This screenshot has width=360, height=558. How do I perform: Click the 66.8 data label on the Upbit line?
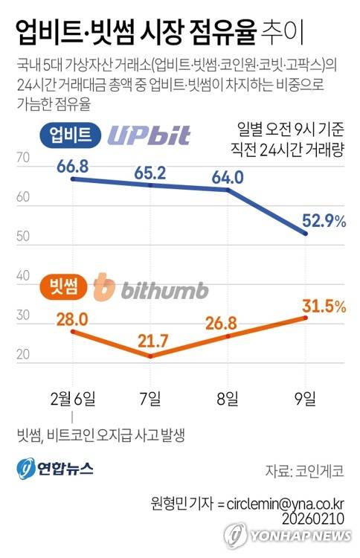(73, 166)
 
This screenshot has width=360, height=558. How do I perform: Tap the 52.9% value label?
(324, 221)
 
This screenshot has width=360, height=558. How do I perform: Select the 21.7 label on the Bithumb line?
(152, 341)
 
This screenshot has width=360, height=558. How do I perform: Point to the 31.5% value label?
(324, 306)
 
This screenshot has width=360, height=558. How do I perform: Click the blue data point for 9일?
(305, 234)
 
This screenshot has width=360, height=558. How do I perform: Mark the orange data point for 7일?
(150, 356)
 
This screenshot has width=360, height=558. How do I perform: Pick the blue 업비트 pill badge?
(71, 135)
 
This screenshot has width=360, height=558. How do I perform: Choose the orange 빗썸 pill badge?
(64, 286)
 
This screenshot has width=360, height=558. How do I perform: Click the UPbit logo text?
(149, 135)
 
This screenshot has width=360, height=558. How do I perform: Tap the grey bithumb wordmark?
(164, 290)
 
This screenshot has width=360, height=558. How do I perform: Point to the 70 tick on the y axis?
(23, 157)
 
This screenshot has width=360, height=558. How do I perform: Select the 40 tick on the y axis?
(23, 275)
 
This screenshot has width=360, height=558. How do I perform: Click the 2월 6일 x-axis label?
(73, 398)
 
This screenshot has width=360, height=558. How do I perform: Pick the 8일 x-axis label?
(228, 398)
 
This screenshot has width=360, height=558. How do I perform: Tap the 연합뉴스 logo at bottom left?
(55, 468)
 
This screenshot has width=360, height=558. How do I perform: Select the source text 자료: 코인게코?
(304, 471)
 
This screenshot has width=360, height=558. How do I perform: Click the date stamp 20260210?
(313, 518)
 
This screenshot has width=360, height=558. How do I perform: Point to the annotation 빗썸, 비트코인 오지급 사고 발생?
(101, 435)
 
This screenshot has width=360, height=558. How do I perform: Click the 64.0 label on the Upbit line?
(228, 177)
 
